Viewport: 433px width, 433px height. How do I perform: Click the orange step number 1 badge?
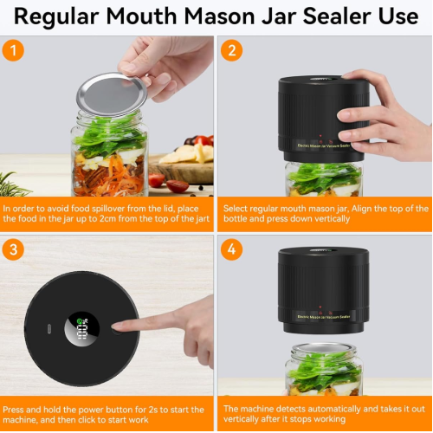point(13,50)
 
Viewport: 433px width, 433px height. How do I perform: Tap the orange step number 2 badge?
point(230,50)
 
